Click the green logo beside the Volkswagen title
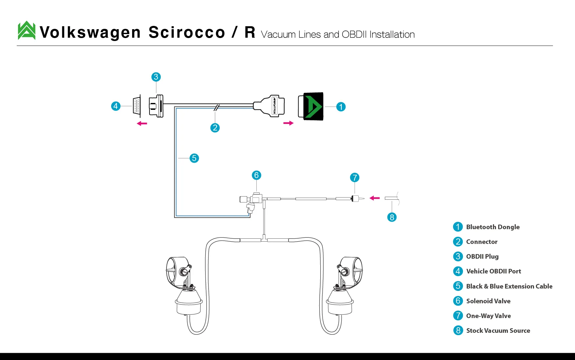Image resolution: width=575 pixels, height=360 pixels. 27,30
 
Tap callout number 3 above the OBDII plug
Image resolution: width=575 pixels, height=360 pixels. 156,77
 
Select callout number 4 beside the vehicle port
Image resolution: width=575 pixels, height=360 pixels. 116,106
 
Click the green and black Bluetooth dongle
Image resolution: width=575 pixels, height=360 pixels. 311,106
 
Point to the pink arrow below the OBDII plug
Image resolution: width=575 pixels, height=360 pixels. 142,124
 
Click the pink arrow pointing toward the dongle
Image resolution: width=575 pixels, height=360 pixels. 288,123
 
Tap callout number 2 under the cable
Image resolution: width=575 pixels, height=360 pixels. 215,128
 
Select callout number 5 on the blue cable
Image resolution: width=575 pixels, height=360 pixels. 194,158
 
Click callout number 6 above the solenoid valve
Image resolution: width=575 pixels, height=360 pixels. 257,175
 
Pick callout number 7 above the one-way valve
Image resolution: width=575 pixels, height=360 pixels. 355,178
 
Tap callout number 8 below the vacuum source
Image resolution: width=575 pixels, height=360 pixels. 392,217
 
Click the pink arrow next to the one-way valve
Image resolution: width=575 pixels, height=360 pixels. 375,198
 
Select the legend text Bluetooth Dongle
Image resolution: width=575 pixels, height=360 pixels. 493,227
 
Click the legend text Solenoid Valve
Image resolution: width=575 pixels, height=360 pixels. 488,301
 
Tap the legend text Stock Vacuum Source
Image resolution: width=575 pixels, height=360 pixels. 498,330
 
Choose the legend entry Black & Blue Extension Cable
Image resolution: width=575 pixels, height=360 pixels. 509,286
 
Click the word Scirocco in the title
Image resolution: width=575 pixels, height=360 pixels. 187,32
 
